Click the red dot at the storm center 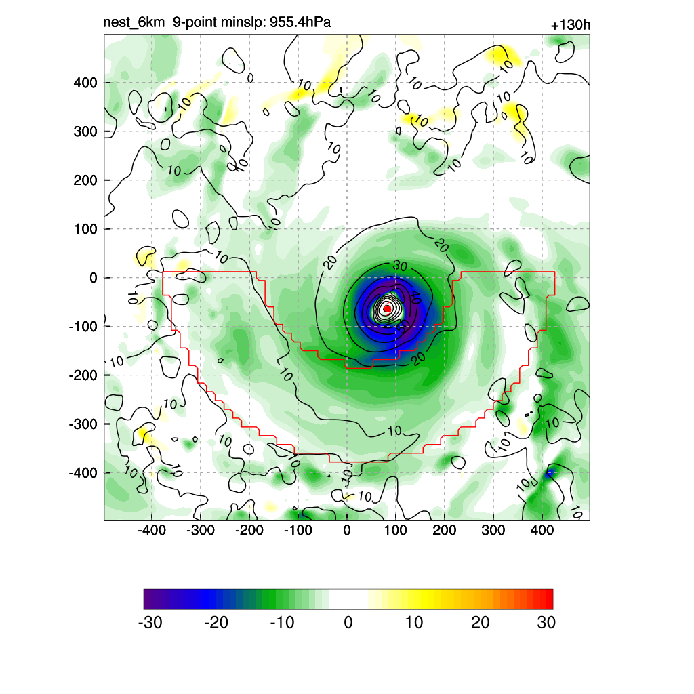click(x=387, y=308)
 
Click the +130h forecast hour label click(x=570, y=26)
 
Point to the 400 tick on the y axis click(x=85, y=83)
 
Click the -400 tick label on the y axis click(x=83, y=472)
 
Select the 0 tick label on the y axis click(x=94, y=278)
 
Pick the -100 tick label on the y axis click(x=83, y=327)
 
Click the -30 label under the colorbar click(x=150, y=622)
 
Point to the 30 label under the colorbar click(x=546, y=622)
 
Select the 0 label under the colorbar click(x=348, y=622)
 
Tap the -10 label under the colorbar click(x=282, y=622)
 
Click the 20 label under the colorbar click(x=481, y=622)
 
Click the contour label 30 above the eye click(x=400, y=266)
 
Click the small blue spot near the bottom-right click(x=550, y=472)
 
